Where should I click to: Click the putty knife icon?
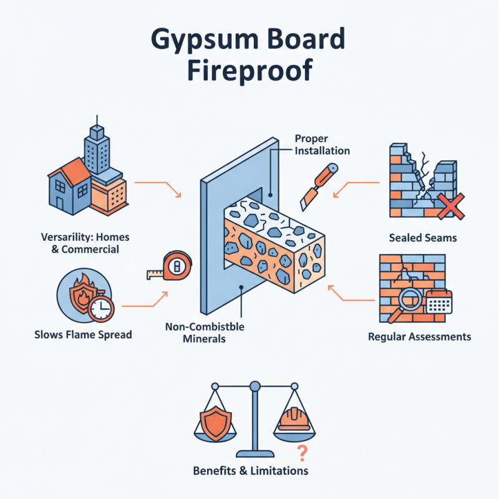coord(317,185)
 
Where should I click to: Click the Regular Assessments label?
coord(420,337)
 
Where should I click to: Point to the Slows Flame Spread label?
coord(83,335)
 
